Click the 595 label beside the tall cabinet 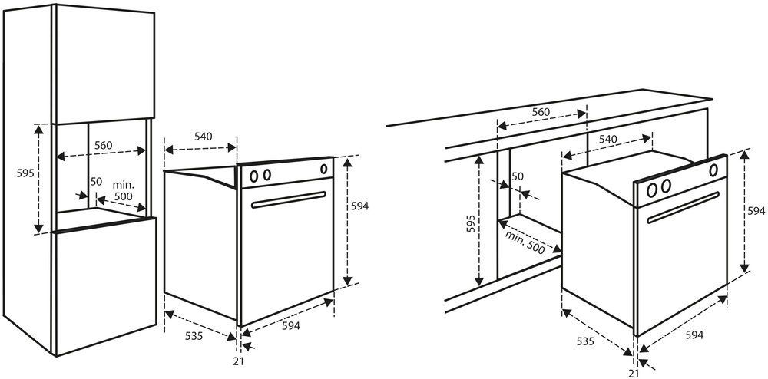point(25,173)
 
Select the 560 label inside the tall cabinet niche point(104,145)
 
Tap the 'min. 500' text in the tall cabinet point(123,191)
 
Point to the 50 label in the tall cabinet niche point(96,181)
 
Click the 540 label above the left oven point(204,137)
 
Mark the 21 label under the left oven point(239,361)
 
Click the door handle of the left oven point(289,199)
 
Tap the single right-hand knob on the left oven point(324,169)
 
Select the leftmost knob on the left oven point(253,176)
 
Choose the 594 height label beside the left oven point(359,206)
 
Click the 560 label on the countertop point(541,112)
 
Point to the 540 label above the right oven point(607,140)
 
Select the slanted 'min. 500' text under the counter point(525,242)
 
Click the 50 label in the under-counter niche point(517,176)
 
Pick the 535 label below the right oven point(585,341)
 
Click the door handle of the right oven point(684,207)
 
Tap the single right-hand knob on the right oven point(713,170)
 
